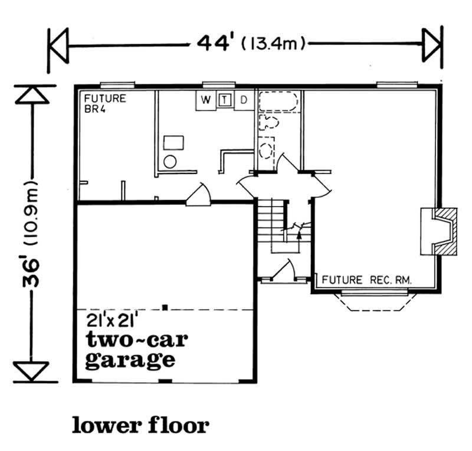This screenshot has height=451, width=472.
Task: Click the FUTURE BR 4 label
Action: click(x=104, y=104)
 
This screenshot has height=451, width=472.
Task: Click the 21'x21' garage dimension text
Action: click(x=112, y=322)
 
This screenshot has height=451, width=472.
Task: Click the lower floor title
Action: click(x=140, y=424)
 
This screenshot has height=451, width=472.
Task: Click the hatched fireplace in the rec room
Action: click(x=440, y=231)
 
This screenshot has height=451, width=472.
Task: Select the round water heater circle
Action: click(x=169, y=161)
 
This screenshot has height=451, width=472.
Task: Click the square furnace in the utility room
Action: click(x=173, y=142)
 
